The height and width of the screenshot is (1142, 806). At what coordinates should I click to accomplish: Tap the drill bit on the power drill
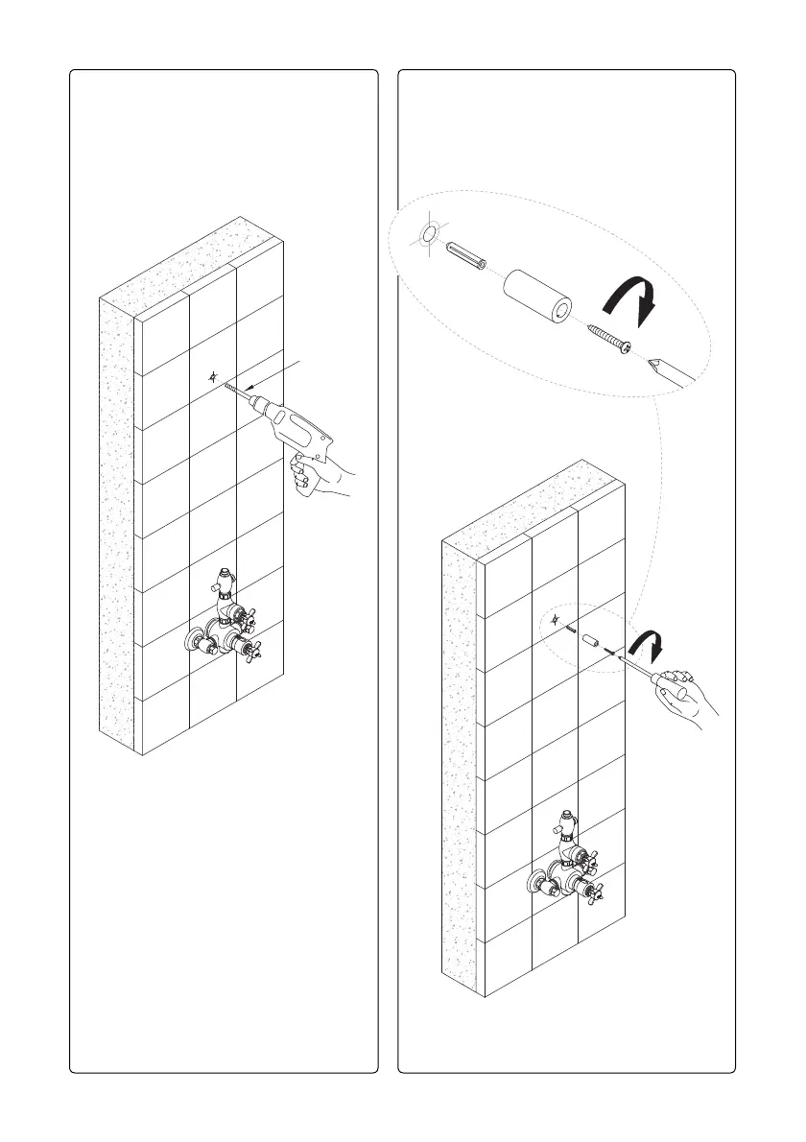238,391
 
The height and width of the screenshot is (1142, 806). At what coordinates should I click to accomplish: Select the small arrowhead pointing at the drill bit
252,388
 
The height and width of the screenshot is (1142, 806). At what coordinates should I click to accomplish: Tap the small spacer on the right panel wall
593,639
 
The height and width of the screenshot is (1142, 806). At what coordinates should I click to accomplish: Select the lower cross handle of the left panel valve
253,650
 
